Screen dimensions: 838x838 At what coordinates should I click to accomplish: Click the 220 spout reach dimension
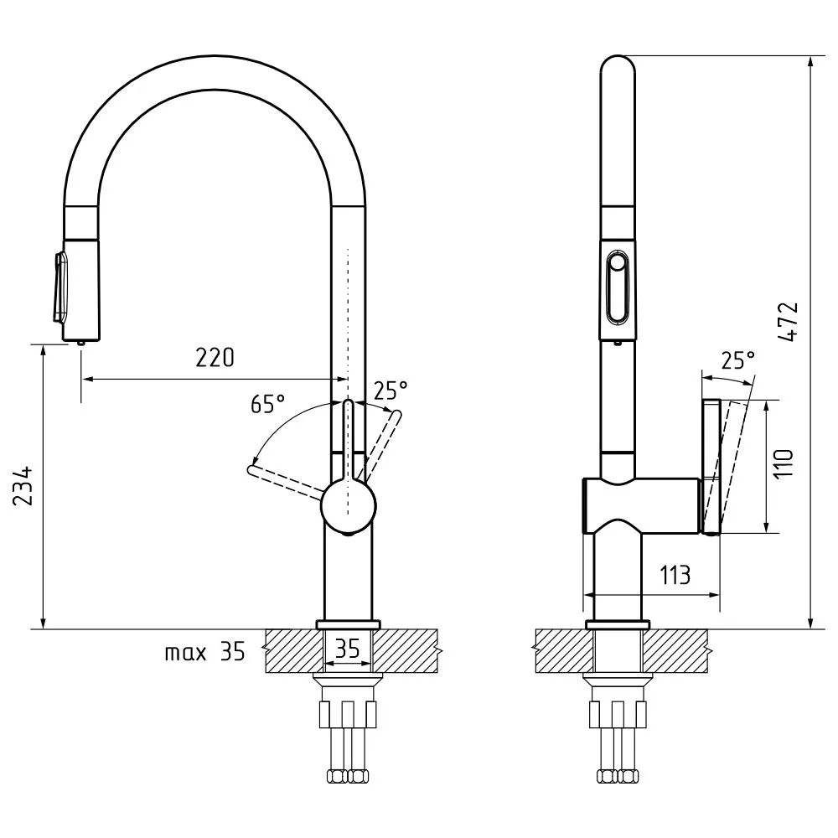pyautogui.click(x=215, y=358)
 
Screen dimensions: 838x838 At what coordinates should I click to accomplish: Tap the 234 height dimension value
pyautogui.click(x=23, y=486)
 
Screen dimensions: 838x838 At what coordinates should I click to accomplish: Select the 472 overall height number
pyautogui.click(x=788, y=322)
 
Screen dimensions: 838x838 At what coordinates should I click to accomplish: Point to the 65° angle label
pyautogui.click(x=267, y=404)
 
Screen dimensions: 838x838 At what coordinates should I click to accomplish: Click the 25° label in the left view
pyautogui.click(x=391, y=391)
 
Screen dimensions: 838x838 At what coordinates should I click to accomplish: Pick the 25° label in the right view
pyautogui.click(x=738, y=360)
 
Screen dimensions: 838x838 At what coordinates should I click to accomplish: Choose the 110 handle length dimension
pyautogui.click(x=784, y=464)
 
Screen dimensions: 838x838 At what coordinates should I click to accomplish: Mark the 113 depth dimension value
pyautogui.click(x=675, y=575)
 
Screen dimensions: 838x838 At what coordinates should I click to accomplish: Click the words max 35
pyautogui.click(x=204, y=652)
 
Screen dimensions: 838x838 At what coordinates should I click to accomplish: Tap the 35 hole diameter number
pyautogui.click(x=348, y=649)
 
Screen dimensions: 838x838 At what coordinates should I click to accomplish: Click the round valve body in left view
pyautogui.click(x=349, y=506)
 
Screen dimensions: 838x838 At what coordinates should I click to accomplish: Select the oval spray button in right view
pyautogui.click(x=618, y=288)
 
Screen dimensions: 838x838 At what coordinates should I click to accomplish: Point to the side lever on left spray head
pyautogui.click(x=60, y=287)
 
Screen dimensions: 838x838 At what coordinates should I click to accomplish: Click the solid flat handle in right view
pyautogui.click(x=711, y=467)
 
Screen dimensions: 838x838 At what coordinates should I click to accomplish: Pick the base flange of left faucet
pyautogui.click(x=349, y=625)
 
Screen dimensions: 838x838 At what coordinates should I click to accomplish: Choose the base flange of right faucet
pyautogui.click(x=618, y=625)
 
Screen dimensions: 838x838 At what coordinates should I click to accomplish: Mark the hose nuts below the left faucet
pyautogui.click(x=348, y=776)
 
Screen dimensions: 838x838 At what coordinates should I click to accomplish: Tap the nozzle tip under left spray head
pyautogui.click(x=80, y=344)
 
